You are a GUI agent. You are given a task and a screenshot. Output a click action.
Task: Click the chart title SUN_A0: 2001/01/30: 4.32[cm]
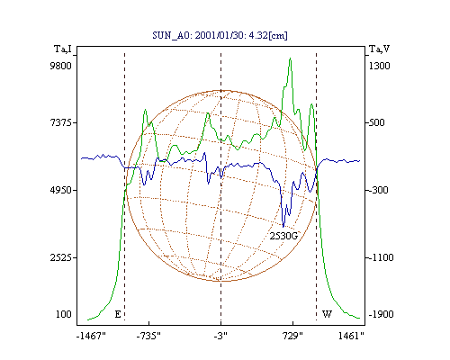(x=220, y=35)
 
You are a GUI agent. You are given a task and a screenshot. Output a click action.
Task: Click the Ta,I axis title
(x=63, y=49)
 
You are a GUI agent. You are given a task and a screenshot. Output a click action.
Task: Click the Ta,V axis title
(x=379, y=49)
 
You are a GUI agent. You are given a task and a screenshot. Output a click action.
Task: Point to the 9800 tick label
(x=60, y=66)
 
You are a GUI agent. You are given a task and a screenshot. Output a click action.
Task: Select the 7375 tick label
(x=60, y=122)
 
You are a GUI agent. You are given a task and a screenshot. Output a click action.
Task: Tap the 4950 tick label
(x=60, y=190)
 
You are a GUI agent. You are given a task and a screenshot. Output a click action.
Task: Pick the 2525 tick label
(x=60, y=257)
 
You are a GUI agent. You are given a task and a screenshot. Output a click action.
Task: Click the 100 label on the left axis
(x=64, y=314)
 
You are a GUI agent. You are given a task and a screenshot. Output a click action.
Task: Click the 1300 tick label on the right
(x=379, y=66)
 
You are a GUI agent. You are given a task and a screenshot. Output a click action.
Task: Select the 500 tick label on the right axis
(x=376, y=122)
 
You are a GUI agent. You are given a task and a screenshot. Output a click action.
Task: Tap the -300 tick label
(x=378, y=190)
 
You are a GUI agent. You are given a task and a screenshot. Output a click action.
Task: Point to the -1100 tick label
(x=381, y=257)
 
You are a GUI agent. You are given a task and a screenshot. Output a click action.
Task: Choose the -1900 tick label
(x=381, y=314)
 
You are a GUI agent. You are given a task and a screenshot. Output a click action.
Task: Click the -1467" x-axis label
(x=91, y=336)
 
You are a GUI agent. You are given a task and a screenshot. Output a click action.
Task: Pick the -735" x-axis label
(x=148, y=336)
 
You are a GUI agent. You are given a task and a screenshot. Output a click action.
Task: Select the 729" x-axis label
(x=292, y=336)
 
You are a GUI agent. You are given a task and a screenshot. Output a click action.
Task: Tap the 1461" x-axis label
(x=351, y=336)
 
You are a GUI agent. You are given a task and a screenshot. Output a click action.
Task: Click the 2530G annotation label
(x=283, y=237)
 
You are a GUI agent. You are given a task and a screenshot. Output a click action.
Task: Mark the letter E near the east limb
(x=118, y=314)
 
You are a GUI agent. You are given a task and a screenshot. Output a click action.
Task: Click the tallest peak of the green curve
(x=290, y=58)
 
